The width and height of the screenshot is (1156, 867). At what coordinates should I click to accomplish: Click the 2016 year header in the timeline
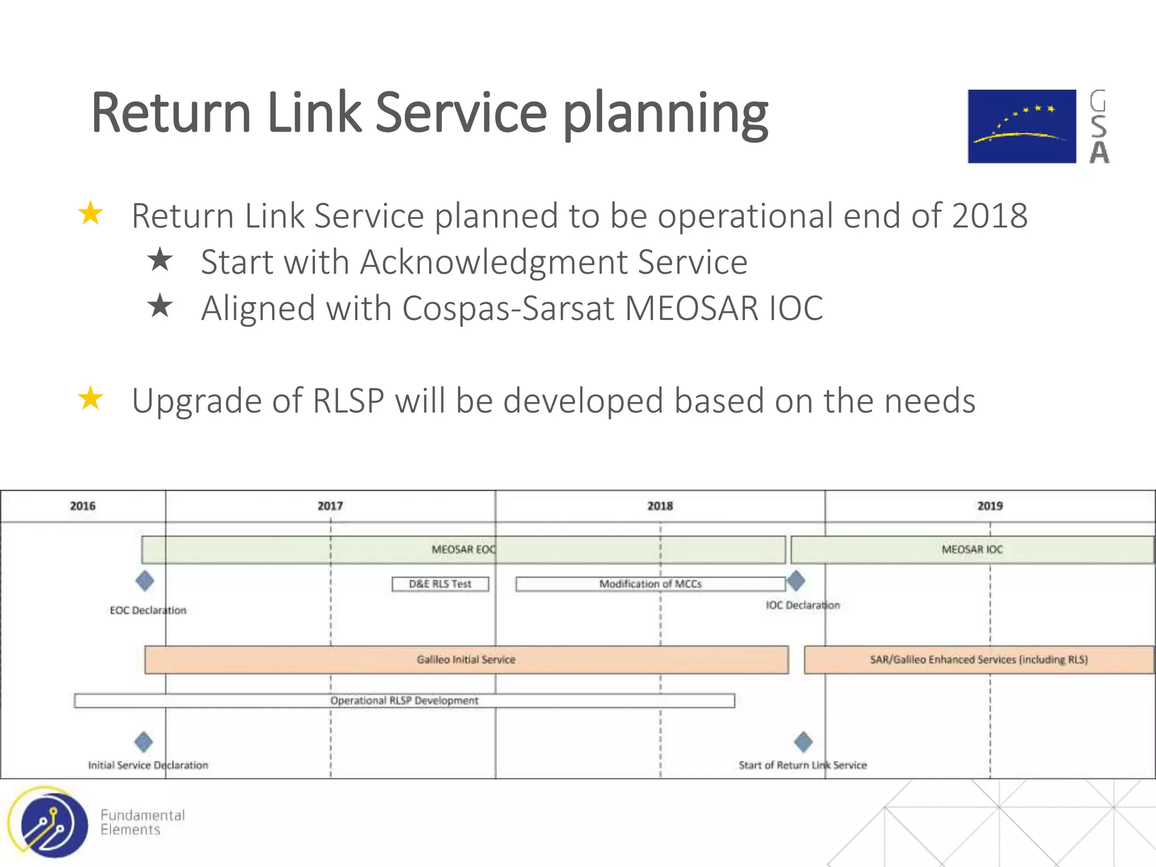point(82,506)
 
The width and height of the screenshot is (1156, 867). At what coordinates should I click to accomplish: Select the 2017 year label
point(330,506)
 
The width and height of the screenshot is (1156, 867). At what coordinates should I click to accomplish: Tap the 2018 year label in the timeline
point(660,506)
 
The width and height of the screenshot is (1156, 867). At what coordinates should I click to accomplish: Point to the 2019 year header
point(990,506)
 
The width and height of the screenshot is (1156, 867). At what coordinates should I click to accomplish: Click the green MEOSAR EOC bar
point(463,550)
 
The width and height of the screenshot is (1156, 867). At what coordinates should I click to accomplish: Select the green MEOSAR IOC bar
point(972,550)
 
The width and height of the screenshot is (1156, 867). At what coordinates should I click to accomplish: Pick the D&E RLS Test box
point(440,584)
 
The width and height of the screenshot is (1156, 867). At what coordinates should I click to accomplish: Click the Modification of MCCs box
point(650,584)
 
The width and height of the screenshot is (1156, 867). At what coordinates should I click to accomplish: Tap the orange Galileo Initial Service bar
point(466,659)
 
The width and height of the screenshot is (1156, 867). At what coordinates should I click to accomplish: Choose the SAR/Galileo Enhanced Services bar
point(979,659)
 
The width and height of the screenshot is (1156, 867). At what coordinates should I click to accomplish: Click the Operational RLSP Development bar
point(404,700)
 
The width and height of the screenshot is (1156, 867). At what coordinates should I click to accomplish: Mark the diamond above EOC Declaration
point(145,581)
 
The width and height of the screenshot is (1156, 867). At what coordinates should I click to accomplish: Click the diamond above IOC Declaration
point(796,580)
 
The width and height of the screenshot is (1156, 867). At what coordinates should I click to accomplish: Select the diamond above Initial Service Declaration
point(144,742)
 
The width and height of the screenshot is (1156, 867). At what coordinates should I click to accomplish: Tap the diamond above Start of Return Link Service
point(803,742)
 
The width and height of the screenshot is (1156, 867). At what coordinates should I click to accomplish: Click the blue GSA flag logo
point(1022,126)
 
